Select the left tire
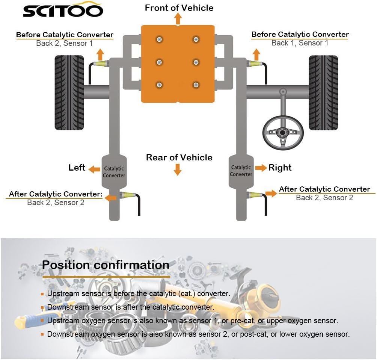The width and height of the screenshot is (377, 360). [69, 92]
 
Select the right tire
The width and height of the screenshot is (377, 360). [323, 92]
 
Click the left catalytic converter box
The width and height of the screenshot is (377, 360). [114, 172]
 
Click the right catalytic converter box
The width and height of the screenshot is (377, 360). [241, 171]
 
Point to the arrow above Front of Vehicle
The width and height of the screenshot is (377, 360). [178, 19]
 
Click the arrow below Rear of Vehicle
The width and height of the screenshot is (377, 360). [178, 170]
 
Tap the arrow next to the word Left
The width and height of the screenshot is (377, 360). [94, 169]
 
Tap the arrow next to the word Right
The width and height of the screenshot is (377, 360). [261, 168]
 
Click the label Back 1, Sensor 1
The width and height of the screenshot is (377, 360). [300, 43]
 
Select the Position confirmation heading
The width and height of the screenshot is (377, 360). [106, 265]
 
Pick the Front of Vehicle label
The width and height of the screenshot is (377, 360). [179, 8]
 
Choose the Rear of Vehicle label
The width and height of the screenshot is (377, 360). [179, 157]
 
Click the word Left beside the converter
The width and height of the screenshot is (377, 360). [77, 168]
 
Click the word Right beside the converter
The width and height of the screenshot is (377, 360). [280, 168]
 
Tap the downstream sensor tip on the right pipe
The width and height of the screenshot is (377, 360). [255, 194]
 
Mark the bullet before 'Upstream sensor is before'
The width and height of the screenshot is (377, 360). [43, 294]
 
